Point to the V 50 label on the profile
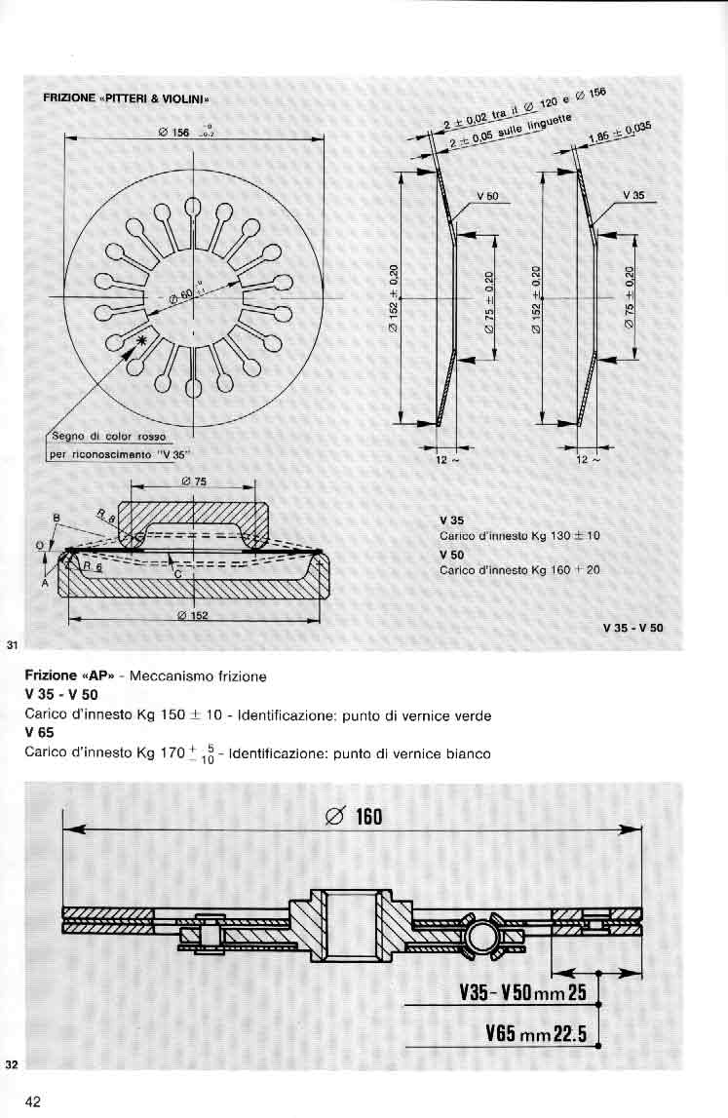tap(486, 196)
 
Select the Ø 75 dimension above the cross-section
tap(192, 481)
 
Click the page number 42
tap(33, 1101)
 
